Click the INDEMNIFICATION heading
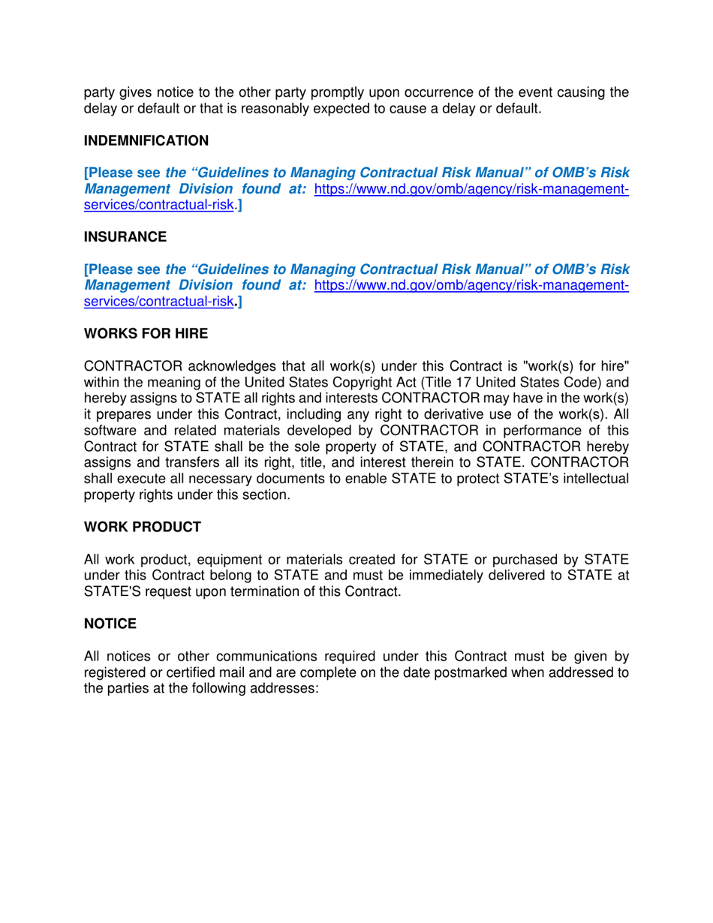pyautogui.click(x=146, y=140)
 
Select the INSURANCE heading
pyautogui.click(x=125, y=237)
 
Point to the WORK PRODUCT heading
pyautogui.click(x=142, y=527)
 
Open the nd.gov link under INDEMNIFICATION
pyautogui.click(x=471, y=191)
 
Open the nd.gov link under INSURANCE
pyautogui.click(x=471, y=287)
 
